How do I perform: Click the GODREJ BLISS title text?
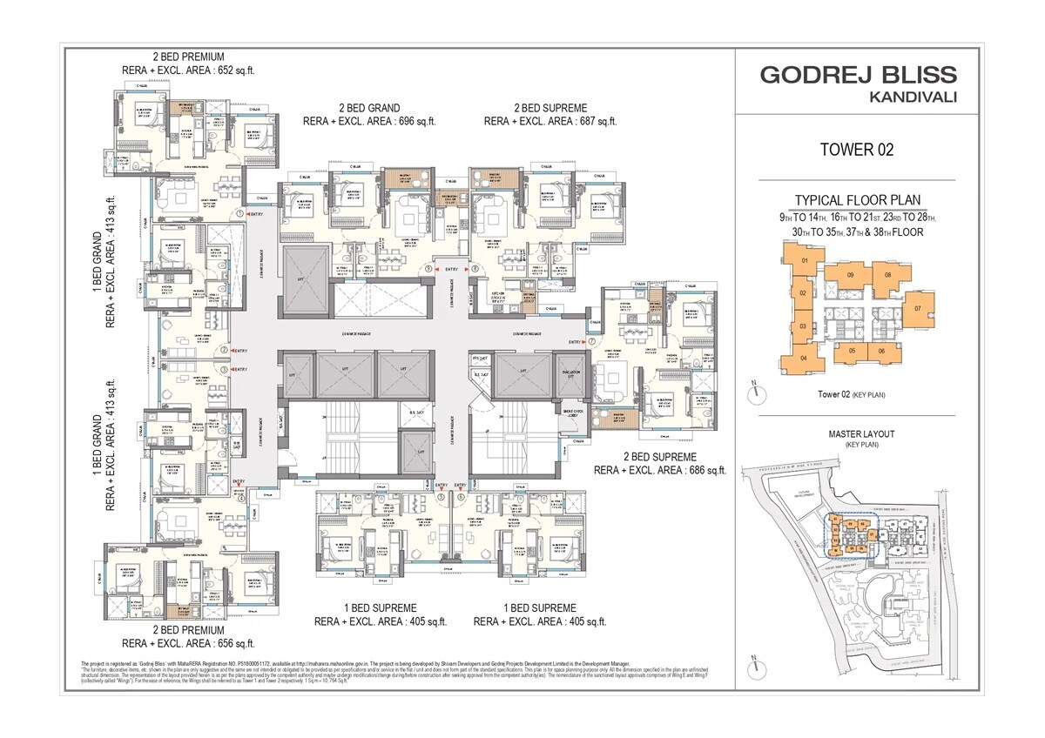click(x=858, y=74)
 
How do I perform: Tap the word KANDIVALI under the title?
click(x=913, y=97)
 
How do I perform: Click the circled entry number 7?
click(x=591, y=342)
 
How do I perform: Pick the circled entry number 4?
click(x=241, y=498)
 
